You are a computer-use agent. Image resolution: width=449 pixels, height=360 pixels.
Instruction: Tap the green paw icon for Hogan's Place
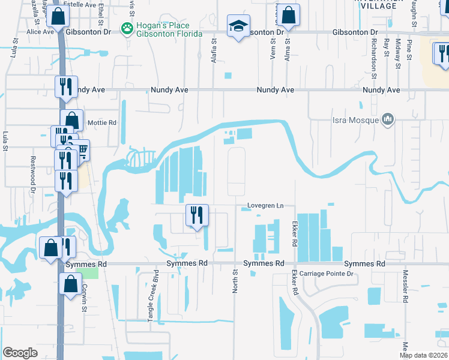127,28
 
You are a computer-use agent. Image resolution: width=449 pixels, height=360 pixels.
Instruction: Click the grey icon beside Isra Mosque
388,120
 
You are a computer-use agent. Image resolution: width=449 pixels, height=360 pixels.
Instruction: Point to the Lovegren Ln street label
265,206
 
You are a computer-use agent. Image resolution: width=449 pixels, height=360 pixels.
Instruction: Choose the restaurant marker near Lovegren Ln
197,215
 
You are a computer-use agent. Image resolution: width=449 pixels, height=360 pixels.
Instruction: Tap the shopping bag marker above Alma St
289,16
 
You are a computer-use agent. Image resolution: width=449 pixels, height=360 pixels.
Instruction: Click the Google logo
20,353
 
